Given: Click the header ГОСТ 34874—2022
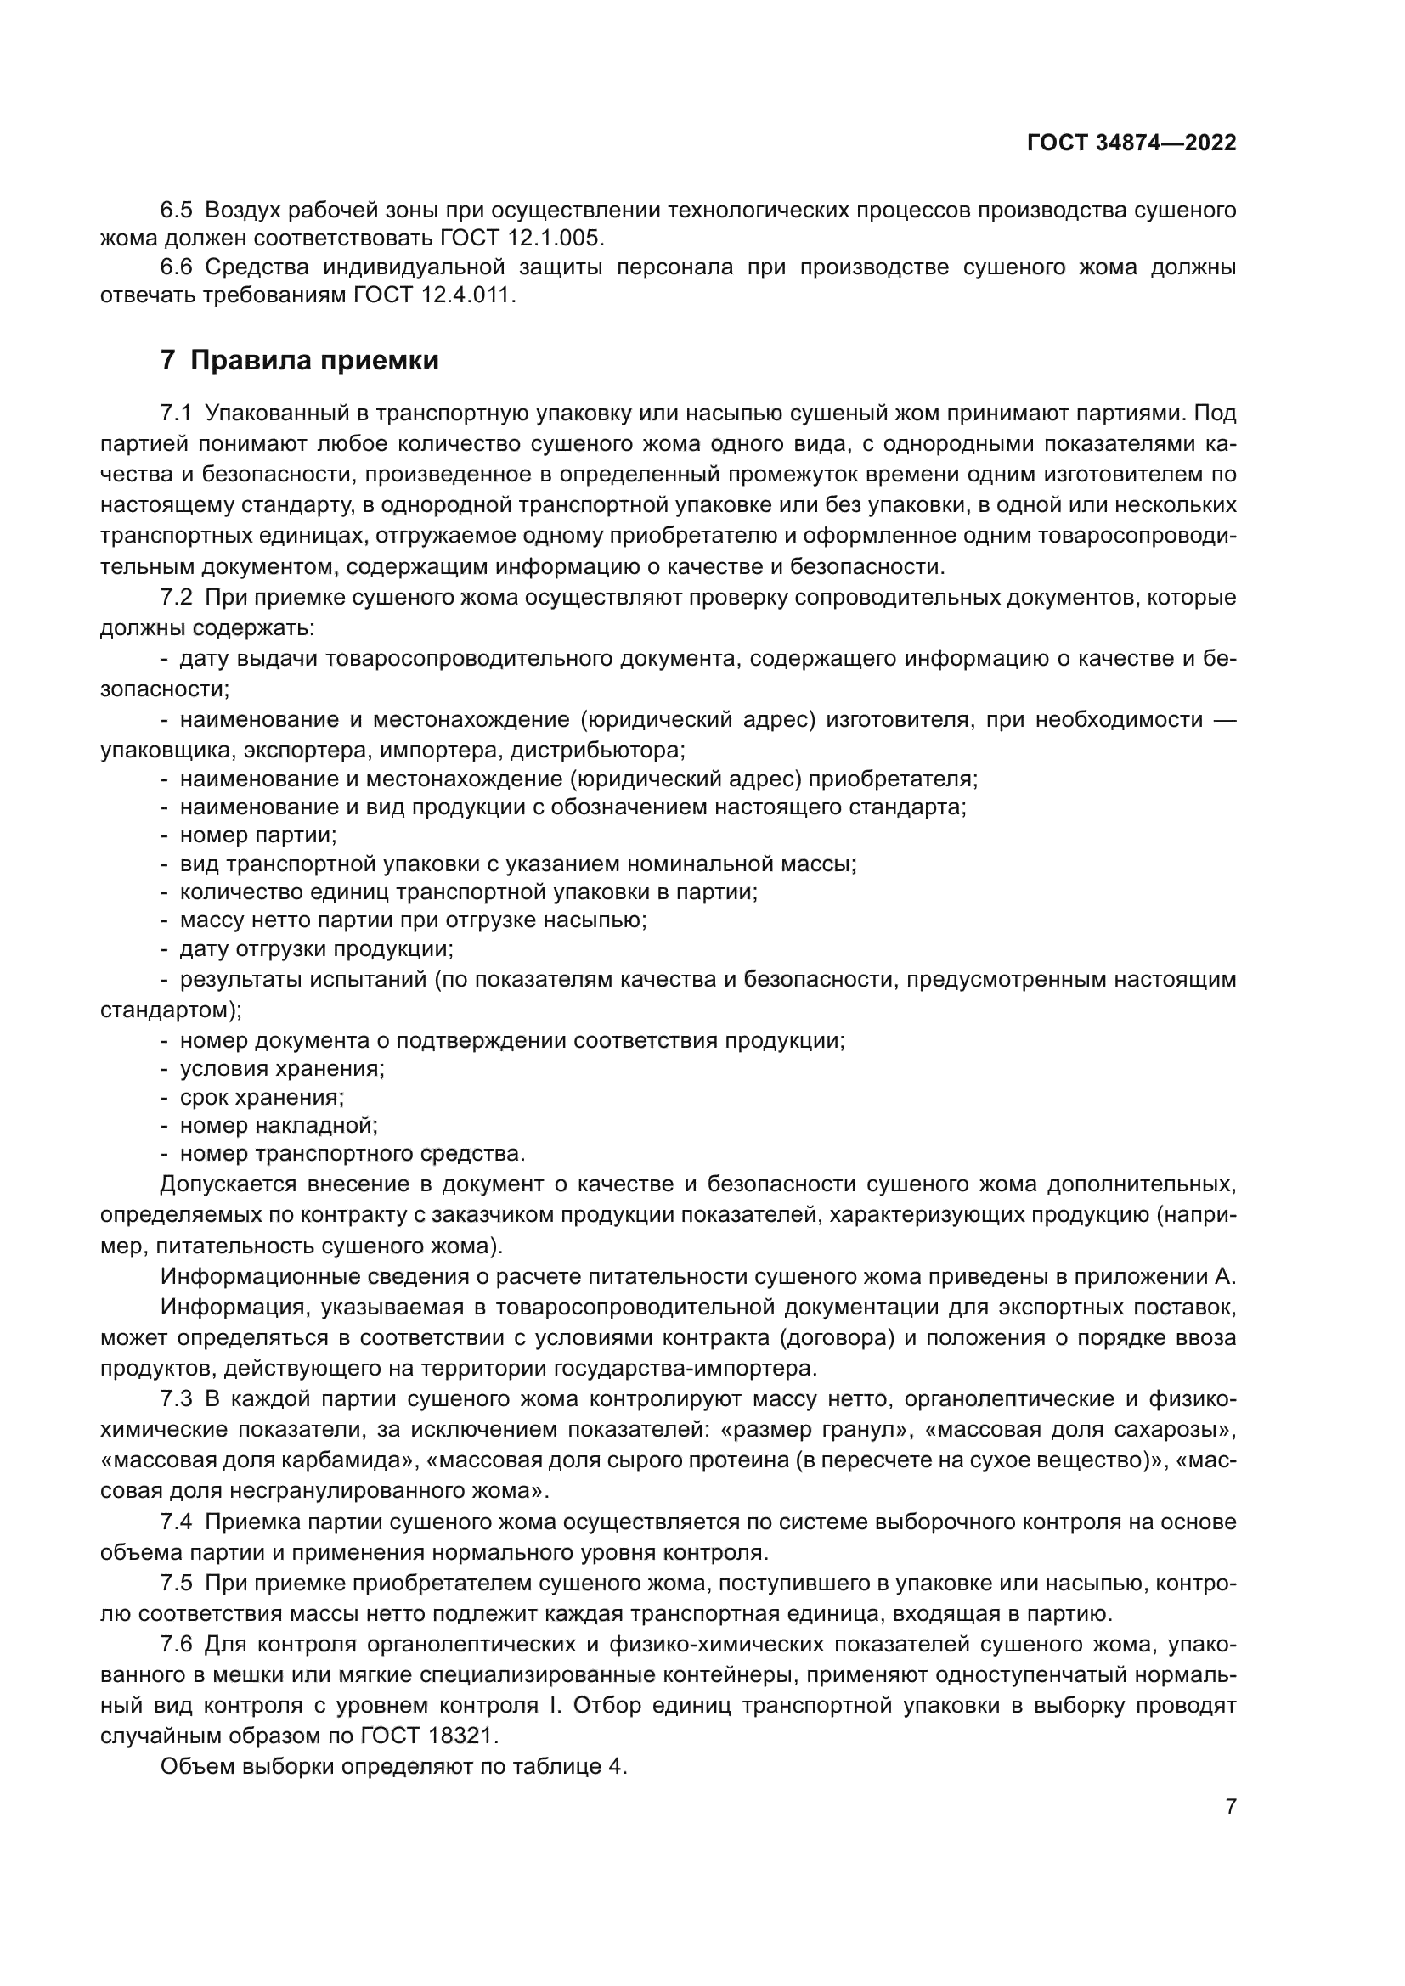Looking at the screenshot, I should pos(1131,143).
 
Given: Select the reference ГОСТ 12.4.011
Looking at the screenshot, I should pos(434,295).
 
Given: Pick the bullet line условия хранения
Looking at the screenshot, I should pos(281,1068).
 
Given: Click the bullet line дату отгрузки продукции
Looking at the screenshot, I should pos(316,949).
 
